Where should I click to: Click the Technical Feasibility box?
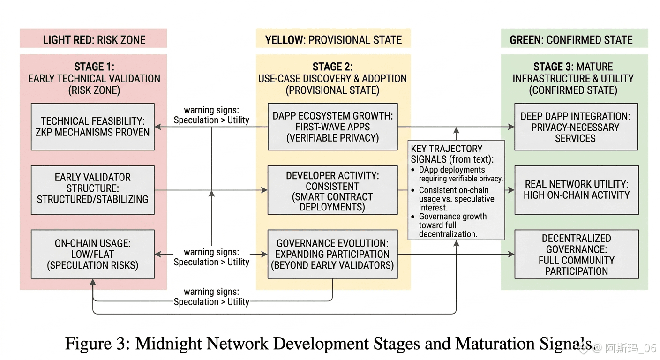[92, 127]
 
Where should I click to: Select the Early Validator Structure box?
[92, 188]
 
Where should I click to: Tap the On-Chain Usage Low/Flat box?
[92, 254]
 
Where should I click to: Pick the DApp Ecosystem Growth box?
[332, 127]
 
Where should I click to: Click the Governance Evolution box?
[332, 254]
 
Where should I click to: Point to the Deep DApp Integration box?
[576, 127]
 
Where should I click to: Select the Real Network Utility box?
[576, 189]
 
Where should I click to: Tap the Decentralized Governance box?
[576, 255]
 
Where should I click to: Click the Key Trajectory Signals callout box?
[456, 190]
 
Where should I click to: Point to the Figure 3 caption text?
[328, 343]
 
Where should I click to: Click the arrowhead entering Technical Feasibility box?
[158, 127]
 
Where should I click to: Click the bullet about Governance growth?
[452, 225]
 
